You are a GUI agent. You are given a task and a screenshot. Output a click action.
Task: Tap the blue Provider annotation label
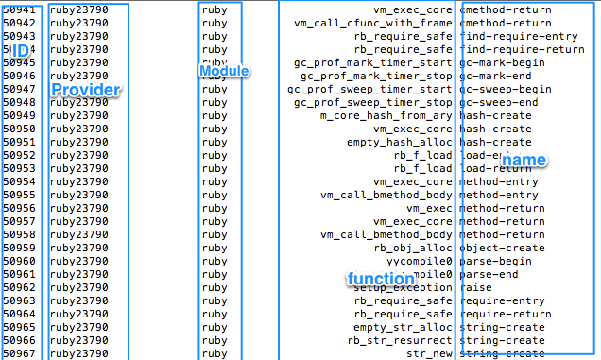(84, 90)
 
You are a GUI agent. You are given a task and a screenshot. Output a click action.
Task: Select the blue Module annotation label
(224, 71)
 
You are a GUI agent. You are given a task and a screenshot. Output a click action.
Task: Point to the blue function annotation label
(380, 279)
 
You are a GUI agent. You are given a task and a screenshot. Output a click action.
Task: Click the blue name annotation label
(524, 160)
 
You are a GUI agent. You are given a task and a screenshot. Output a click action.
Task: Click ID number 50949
(19, 115)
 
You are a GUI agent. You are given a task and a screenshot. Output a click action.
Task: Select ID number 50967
(19, 353)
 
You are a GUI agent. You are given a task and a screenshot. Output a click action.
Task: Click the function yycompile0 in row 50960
(419, 261)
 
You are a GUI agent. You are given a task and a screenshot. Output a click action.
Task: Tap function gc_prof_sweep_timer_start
(369, 89)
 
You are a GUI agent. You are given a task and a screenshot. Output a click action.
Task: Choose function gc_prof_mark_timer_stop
(376, 76)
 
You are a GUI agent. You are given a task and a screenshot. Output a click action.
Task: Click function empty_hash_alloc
(401, 142)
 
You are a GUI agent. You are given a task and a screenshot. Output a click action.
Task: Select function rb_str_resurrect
(400, 340)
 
